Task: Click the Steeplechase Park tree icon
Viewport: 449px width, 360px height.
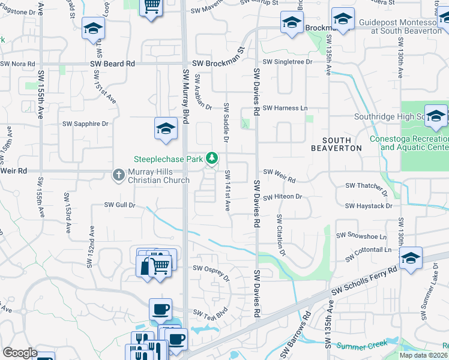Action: (211, 158)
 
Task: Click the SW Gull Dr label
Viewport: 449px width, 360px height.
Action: (120, 205)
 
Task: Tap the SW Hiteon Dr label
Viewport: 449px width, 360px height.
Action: (282, 196)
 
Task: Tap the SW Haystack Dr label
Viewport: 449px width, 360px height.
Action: (369, 206)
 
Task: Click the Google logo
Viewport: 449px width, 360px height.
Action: (20, 353)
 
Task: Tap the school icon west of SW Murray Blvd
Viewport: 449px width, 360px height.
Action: (166, 129)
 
